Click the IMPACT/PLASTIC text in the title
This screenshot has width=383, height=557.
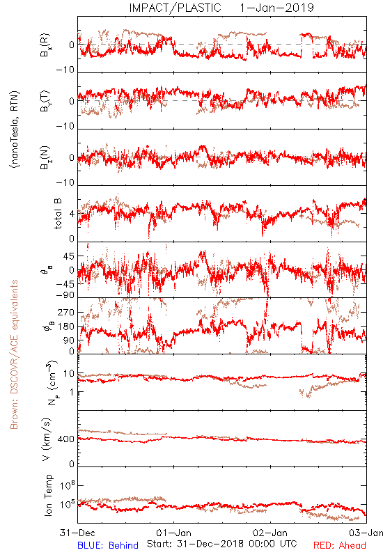coord(175,8)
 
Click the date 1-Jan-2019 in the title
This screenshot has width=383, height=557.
coord(276,8)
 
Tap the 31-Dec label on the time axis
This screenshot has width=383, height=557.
coord(77,533)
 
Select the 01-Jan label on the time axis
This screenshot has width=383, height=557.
coord(173,533)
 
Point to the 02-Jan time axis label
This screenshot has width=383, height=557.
coord(270,533)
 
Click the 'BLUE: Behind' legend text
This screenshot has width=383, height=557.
coord(108,545)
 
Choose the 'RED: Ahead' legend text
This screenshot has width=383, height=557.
coord(340,545)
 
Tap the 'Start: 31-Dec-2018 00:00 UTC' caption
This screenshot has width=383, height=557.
coord(222,544)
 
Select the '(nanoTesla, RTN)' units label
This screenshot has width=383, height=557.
coord(15,130)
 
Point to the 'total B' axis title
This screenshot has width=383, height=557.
coord(58,214)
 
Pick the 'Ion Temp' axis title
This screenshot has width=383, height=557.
coord(48,495)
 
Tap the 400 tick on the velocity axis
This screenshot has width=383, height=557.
coord(66,439)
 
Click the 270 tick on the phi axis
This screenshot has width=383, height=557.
coord(66,312)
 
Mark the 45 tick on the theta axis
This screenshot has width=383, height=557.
coord(69,256)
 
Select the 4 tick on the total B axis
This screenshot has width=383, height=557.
coord(72,214)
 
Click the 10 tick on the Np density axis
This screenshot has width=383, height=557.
coord(69,374)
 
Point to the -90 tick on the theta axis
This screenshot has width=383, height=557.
coord(65,295)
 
